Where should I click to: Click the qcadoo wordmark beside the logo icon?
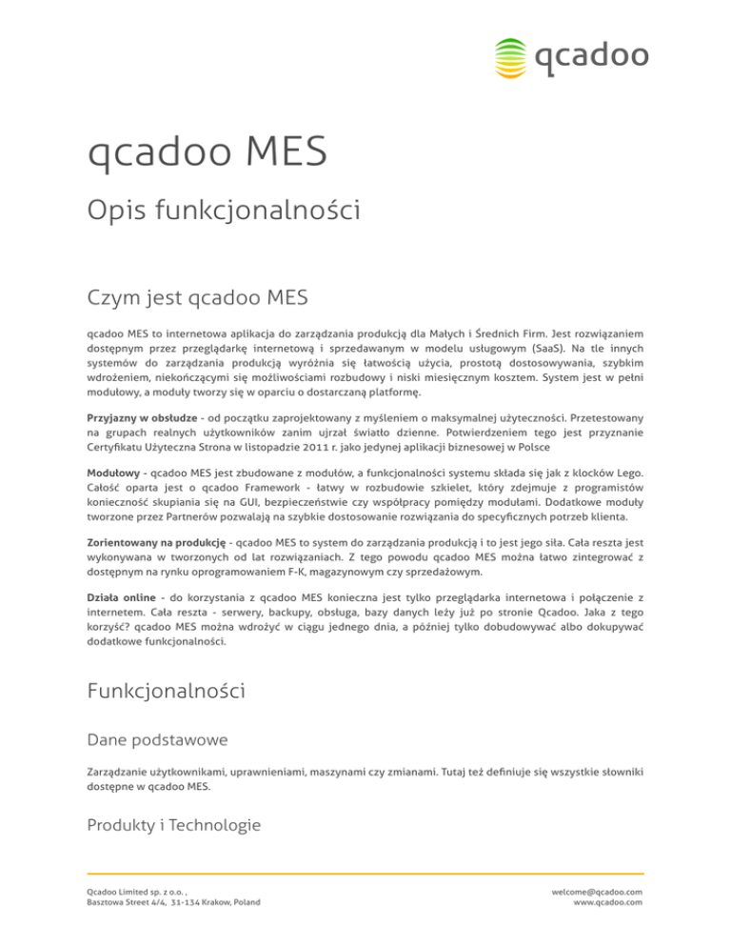(x=591, y=56)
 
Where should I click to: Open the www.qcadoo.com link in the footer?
(x=609, y=903)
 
